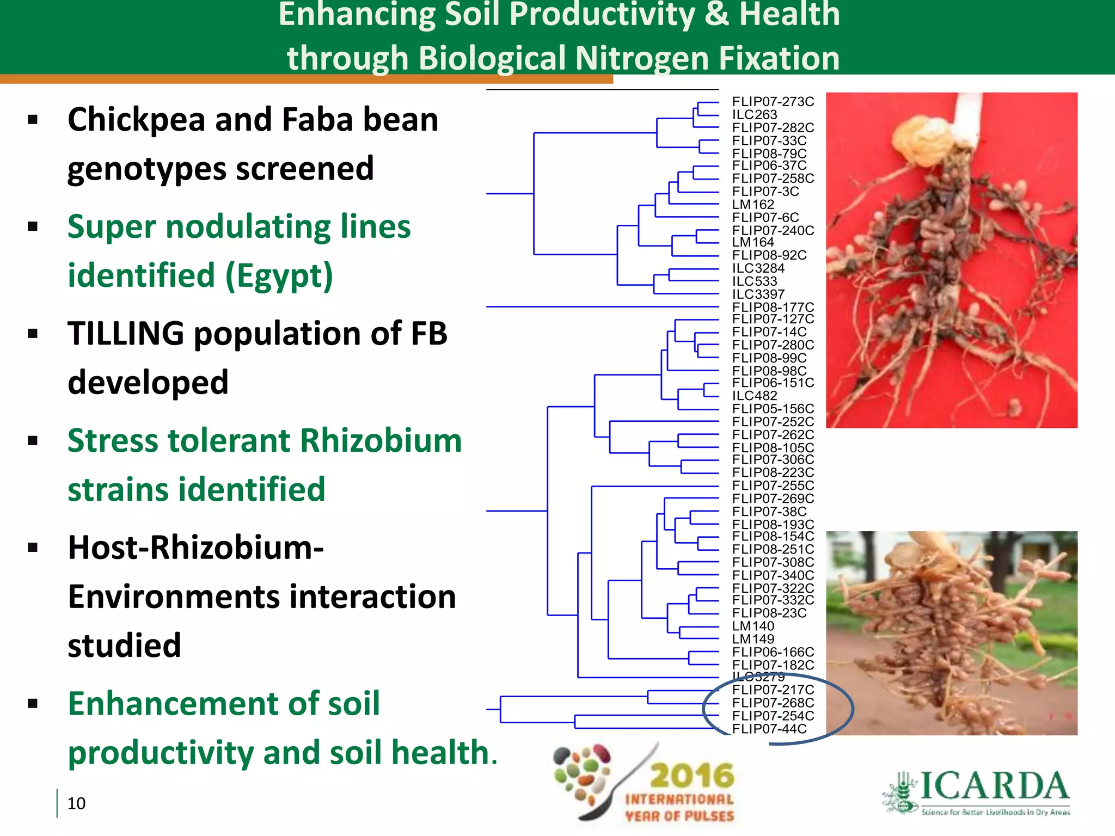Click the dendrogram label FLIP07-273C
tap(773, 102)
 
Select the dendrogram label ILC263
tap(754, 115)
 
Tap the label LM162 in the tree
tap(753, 205)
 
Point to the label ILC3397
tap(758, 294)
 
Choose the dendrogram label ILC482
tap(754, 396)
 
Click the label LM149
tap(753, 639)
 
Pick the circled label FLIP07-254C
tap(773, 716)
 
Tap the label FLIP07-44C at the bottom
tap(769, 729)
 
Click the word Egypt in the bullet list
tap(278, 276)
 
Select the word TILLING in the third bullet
tap(126, 333)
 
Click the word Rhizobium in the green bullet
tap(381, 440)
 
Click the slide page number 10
tap(76, 803)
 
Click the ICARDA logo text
tap(994, 786)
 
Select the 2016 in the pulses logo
tap(691, 775)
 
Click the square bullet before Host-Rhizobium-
tap(33, 548)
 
